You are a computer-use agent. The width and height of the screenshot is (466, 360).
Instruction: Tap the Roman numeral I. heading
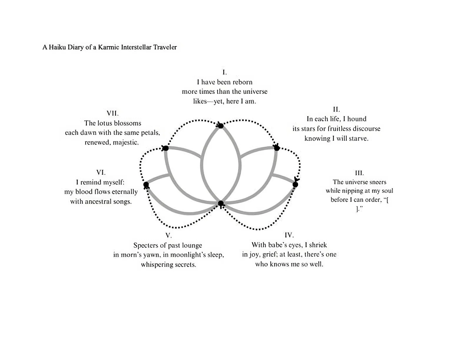224,72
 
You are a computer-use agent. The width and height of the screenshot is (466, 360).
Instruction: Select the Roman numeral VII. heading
112,113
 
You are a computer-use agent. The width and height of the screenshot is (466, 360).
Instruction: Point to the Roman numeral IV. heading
289,235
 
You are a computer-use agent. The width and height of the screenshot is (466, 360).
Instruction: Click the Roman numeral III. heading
359,173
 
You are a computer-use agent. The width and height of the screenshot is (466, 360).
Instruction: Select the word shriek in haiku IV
318,245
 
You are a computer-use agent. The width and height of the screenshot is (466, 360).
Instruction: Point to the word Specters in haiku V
146,245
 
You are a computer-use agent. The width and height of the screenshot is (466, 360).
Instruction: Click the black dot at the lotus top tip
221,126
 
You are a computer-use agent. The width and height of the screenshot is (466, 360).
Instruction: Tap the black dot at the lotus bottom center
221,203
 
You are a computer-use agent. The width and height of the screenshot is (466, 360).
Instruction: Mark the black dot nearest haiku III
295,184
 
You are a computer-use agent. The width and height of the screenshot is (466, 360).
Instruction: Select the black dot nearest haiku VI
146,185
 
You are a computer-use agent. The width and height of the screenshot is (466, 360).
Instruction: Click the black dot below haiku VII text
166,148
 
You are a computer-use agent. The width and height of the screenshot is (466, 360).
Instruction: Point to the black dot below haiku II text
277,148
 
